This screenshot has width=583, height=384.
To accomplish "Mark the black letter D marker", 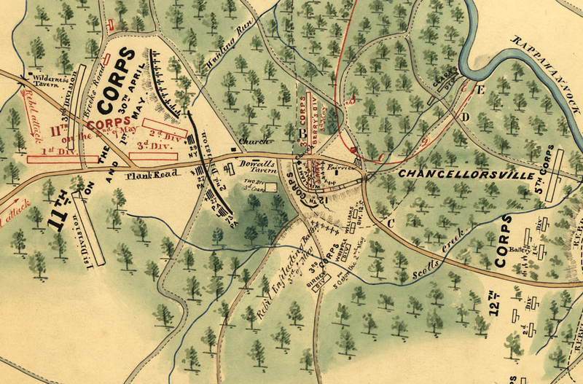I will click(x=465, y=117).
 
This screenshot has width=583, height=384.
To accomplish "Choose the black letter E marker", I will click(x=480, y=90).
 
